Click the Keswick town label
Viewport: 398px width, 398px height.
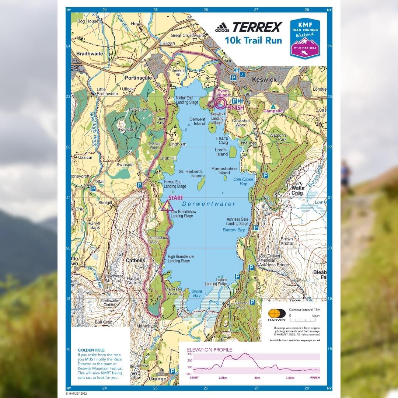263,79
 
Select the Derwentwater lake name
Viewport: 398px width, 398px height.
209,204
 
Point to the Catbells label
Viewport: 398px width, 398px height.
136,260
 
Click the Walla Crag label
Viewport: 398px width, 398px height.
298,190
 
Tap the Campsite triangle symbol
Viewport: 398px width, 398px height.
273,106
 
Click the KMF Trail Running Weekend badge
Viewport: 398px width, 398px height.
305,39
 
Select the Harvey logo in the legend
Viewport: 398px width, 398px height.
277,314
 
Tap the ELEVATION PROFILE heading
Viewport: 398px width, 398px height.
209,349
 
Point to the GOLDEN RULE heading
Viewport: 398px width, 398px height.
91,350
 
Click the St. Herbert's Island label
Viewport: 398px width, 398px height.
191,174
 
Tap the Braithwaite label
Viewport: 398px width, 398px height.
90,53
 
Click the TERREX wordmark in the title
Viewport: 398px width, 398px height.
257,27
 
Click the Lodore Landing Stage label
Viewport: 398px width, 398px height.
216,282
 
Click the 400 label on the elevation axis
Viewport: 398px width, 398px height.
190,354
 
